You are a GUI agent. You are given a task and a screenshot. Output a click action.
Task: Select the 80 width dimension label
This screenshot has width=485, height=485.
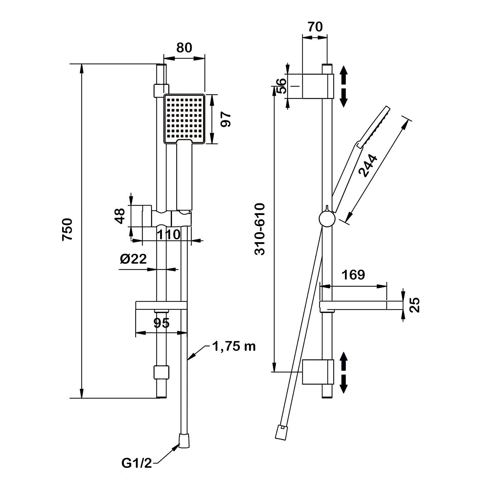(184, 48)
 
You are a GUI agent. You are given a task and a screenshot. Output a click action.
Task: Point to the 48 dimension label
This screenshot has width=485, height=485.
(120, 216)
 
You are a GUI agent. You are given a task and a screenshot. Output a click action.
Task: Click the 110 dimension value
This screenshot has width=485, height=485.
(169, 234)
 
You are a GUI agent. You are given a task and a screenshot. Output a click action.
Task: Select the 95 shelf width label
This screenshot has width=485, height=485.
(161, 323)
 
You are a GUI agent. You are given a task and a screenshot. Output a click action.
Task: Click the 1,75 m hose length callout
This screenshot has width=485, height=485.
(234, 346)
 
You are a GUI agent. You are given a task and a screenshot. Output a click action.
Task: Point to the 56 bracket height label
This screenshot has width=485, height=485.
(282, 86)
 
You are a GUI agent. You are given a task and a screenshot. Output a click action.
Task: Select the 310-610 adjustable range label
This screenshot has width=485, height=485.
(260, 229)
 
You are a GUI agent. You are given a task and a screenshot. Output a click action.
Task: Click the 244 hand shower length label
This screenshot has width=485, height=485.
(368, 166)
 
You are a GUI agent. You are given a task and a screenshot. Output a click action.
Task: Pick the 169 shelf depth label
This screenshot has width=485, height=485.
(353, 275)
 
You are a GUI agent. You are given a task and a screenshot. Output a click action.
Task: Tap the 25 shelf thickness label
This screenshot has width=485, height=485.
(415, 305)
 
